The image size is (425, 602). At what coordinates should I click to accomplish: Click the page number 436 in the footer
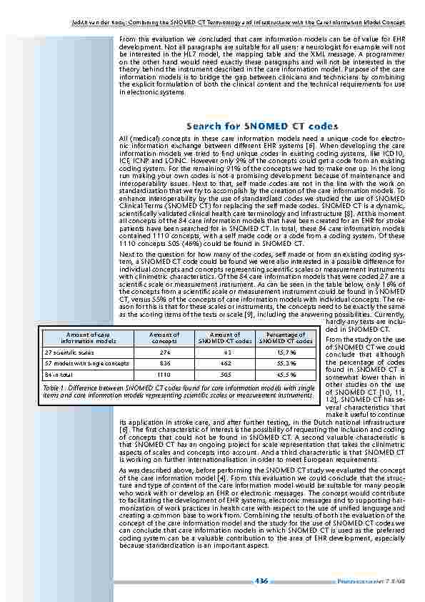[261, 581]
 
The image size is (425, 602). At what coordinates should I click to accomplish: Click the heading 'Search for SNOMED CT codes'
[261, 127]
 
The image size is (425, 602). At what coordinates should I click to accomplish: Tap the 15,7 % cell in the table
[286, 352]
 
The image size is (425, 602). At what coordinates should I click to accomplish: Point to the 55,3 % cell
[286, 363]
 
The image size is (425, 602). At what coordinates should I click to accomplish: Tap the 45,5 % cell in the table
[286, 374]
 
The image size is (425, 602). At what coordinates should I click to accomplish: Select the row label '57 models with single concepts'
[86, 363]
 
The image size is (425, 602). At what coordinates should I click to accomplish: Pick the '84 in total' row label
[61, 374]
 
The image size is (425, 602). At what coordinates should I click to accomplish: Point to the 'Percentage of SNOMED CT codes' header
[286, 338]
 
